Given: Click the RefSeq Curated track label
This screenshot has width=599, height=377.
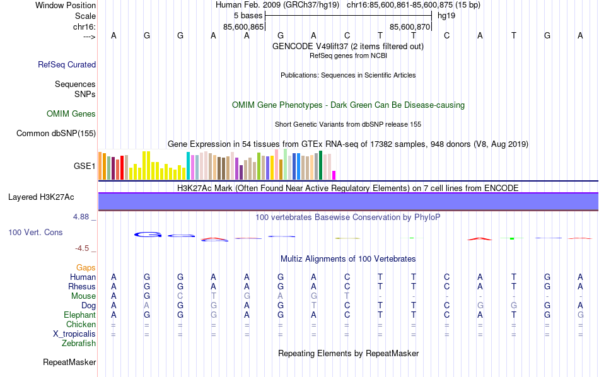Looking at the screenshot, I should point(67,64).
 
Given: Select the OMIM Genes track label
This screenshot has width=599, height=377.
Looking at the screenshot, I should point(71,114).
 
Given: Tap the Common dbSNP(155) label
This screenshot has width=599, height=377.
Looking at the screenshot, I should point(56,133).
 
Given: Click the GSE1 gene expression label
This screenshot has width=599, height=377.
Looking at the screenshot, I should point(84,166).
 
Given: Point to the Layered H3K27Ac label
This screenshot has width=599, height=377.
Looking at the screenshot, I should point(41,197).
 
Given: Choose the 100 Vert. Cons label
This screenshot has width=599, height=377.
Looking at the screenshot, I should point(35,233).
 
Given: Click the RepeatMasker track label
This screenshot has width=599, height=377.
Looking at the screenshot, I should point(69,362).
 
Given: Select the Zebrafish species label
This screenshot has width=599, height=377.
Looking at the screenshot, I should point(79,344).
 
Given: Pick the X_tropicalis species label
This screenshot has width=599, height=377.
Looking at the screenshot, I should point(74,334).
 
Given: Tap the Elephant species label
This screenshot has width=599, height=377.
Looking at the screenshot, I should point(79,315).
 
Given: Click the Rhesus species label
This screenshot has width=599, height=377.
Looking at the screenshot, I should point(82,286).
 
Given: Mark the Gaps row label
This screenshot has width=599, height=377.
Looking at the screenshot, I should point(86,268).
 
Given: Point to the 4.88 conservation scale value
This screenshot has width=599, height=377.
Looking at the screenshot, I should point(84,217).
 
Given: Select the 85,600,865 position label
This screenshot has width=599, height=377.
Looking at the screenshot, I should point(243,27).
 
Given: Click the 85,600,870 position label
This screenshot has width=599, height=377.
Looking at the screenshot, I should point(410,27).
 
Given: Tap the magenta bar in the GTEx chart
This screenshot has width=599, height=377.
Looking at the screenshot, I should point(334,175).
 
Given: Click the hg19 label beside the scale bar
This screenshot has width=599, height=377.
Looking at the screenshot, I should point(446,14).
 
